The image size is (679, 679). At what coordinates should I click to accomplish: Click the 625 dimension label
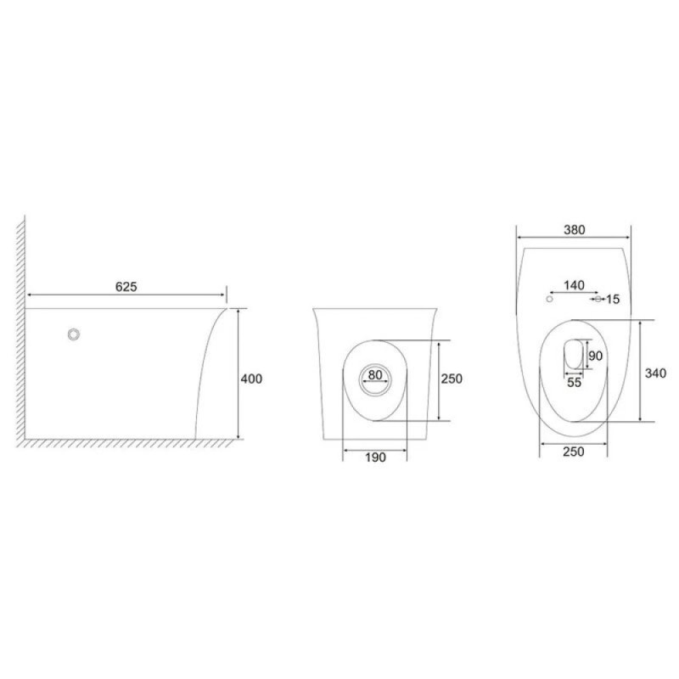click(126, 287)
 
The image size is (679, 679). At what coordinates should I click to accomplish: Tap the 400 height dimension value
click(251, 379)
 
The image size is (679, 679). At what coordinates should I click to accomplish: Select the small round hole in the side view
click(74, 334)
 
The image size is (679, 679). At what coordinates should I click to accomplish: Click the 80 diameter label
click(375, 374)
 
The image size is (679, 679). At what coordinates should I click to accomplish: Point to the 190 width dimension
click(375, 457)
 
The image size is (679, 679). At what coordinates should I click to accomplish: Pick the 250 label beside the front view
click(452, 379)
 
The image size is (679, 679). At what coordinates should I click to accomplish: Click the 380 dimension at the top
click(575, 230)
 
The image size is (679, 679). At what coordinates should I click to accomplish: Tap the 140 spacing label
click(575, 285)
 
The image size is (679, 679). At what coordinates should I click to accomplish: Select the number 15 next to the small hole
click(613, 300)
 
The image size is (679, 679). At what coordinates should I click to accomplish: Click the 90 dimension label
click(596, 356)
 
